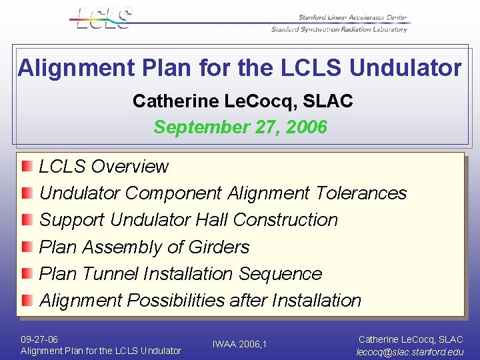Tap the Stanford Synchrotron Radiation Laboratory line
[339, 29]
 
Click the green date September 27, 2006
[241, 127]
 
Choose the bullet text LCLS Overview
[104, 166]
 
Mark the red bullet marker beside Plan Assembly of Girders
[26, 247]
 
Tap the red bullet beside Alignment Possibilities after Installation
[26, 300]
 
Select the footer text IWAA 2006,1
[239, 344]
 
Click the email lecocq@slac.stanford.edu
[410, 351]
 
